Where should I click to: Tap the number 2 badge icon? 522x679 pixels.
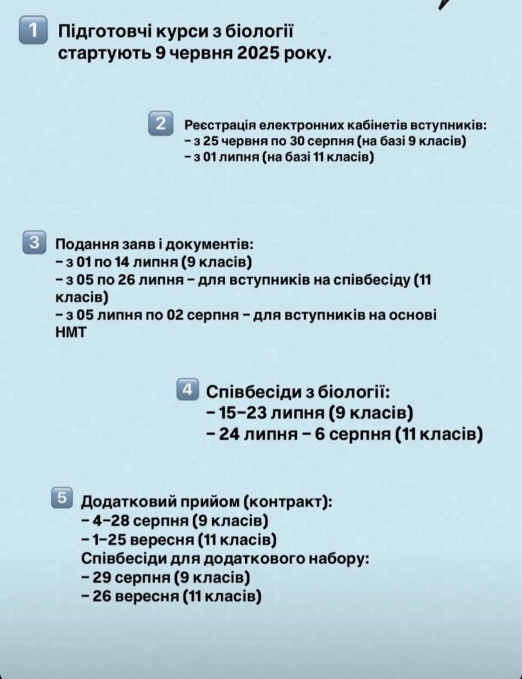161,124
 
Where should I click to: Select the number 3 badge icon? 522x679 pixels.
32,242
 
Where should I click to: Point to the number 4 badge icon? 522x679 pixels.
187,389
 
